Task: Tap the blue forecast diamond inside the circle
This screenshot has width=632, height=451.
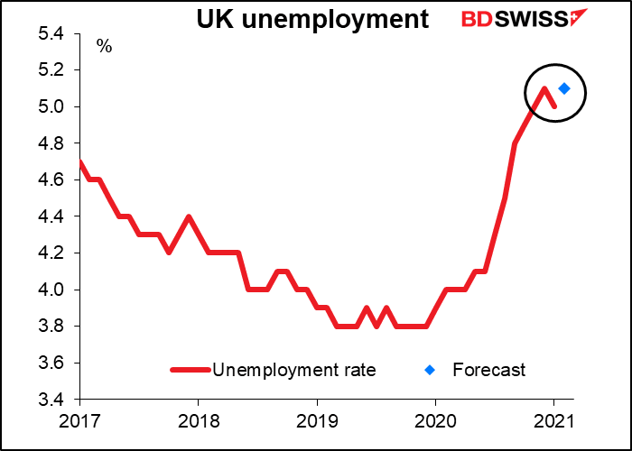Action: coord(564,88)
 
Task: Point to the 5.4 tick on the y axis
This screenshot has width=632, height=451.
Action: coord(52,34)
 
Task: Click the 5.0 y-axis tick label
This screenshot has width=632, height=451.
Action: coord(52,107)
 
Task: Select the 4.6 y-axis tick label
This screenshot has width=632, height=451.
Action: coord(52,180)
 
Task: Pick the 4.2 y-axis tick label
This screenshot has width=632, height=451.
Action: coord(52,253)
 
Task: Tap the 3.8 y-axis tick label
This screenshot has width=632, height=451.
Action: coord(52,327)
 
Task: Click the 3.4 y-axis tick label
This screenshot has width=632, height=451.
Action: coord(52,400)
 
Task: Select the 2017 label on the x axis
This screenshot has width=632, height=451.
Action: coord(79,421)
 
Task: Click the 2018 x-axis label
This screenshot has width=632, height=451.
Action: coord(198,421)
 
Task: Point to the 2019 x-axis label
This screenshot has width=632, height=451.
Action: coord(317,421)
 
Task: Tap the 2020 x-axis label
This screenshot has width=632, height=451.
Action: coord(435,421)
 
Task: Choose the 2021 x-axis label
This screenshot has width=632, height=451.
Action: coord(553,421)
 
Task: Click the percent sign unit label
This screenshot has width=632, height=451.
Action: coord(105,47)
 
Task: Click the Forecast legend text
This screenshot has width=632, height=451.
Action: coord(488,369)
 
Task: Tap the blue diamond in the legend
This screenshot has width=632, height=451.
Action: coord(431,369)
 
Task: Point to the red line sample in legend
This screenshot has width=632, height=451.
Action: coord(191,369)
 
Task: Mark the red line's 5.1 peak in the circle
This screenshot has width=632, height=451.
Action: coord(544,88)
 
